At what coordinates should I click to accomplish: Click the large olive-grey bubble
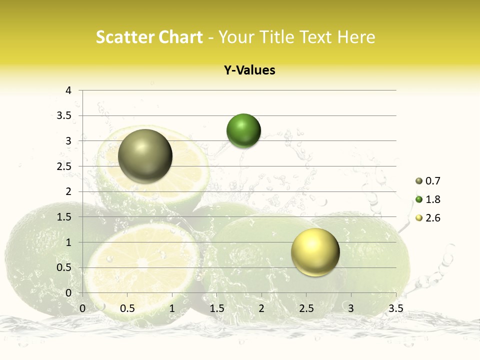tap(145, 156)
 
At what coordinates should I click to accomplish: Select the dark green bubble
tap(243, 131)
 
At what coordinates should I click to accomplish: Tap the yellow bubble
tap(315, 252)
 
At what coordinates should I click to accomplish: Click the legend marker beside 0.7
tap(418, 181)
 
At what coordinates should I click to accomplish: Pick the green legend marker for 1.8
tap(418, 199)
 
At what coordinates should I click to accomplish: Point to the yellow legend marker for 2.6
tap(418, 218)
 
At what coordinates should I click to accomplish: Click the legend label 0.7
tap(433, 181)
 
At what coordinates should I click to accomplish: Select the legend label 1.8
tap(433, 199)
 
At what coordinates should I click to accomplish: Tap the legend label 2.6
tap(433, 218)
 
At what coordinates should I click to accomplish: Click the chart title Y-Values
tap(249, 70)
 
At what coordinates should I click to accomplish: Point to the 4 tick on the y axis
tap(68, 90)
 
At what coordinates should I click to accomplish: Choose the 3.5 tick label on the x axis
tap(395, 308)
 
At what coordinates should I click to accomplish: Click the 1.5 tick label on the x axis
tap(216, 308)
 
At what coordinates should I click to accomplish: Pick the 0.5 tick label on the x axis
tap(127, 308)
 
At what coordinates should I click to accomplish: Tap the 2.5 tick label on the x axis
tap(306, 308)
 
